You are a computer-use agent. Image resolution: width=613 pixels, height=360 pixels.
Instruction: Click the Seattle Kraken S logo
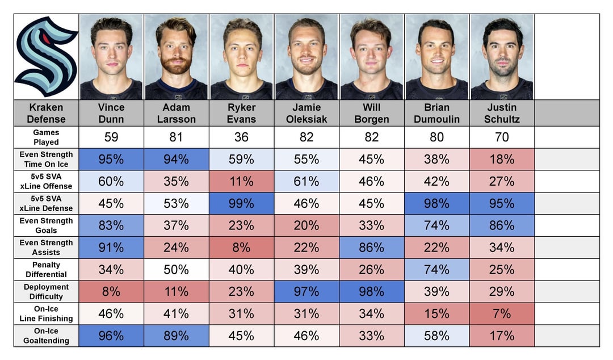46,57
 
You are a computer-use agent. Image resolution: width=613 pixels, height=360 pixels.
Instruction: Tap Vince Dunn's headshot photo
111,57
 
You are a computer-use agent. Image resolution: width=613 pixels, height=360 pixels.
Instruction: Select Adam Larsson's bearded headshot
176,57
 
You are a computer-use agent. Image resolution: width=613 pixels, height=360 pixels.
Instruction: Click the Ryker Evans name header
241,113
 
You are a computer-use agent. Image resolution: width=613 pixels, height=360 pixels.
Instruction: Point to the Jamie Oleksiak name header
306,113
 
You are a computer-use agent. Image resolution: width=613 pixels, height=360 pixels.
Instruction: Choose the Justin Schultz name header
502,113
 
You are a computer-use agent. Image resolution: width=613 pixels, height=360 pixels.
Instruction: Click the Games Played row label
46,137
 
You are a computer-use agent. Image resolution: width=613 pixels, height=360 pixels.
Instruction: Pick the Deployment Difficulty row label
46,291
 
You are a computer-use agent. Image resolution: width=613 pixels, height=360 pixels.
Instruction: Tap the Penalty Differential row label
46,269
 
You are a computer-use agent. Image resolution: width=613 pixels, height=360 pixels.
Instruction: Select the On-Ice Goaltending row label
46,336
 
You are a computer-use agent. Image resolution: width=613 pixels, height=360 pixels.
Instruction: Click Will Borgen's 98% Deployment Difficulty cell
372,291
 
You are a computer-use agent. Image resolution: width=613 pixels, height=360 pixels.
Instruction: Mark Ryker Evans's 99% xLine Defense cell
241,203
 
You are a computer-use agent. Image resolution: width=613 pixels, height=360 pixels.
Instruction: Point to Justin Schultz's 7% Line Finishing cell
502,313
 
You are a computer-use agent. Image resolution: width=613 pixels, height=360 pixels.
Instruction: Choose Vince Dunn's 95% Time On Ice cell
111,159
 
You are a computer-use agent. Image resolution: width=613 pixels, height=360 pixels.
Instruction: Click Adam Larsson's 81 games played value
176,137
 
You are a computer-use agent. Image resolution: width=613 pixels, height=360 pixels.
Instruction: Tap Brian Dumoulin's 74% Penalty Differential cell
436,269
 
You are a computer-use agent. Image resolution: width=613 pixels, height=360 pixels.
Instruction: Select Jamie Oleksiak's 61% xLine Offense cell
306,181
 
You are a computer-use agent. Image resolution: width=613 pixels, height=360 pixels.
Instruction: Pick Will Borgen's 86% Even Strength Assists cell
372,247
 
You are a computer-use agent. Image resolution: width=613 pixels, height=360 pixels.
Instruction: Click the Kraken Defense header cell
46,113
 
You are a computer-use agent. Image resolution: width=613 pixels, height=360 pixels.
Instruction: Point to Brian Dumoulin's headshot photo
436,57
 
